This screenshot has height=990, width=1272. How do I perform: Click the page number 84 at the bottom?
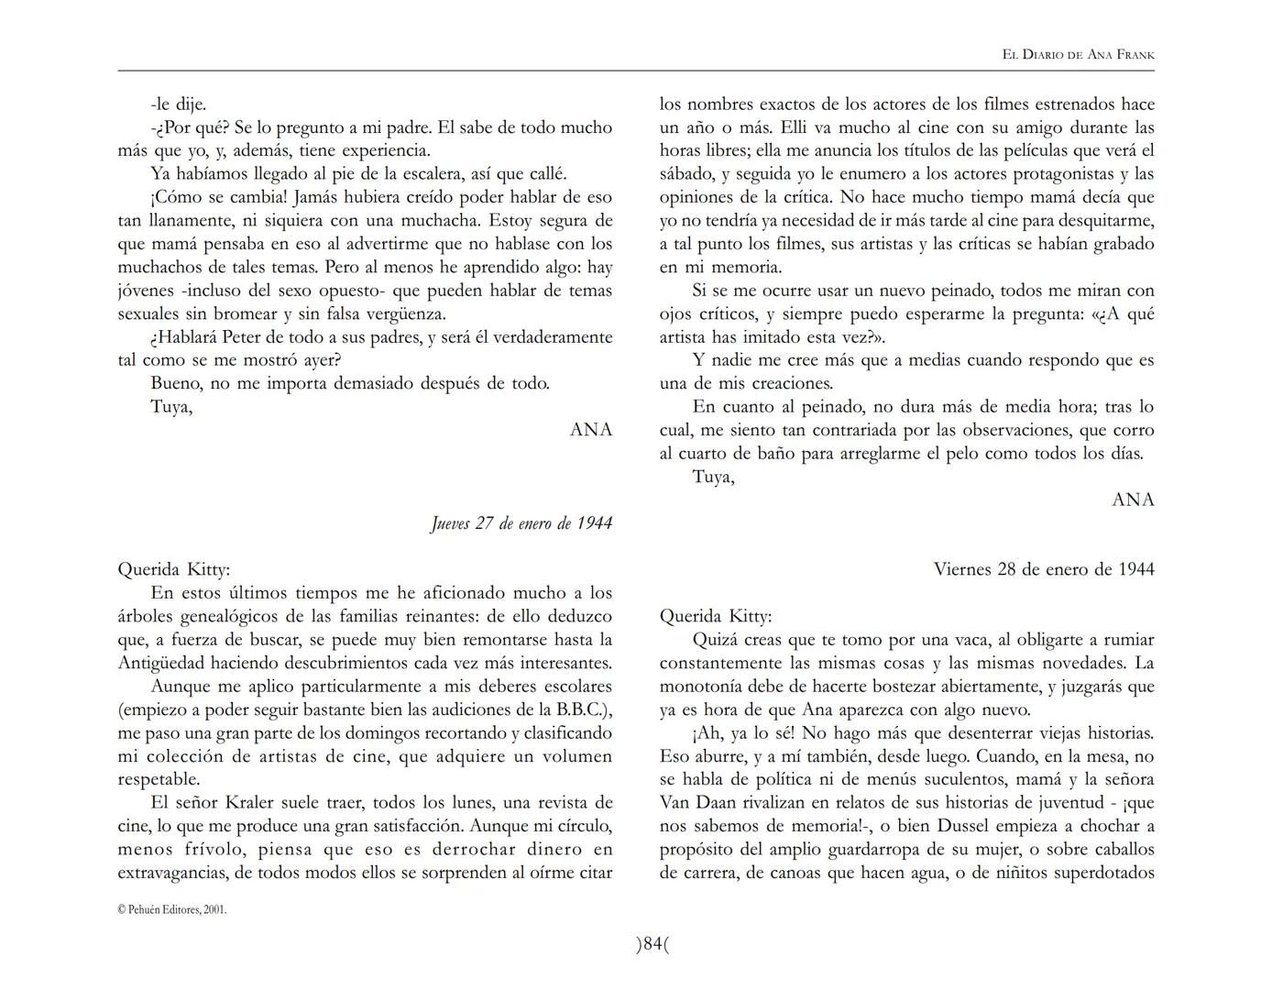[x=652, y=944]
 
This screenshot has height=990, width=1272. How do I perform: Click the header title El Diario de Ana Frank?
[x=1078, y=55]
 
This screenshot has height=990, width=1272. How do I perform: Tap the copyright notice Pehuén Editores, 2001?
[x=172, y=909]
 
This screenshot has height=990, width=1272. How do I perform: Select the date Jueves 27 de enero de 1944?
[x=521, y=523]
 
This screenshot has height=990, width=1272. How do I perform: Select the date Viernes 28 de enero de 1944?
[x=1044, y=569]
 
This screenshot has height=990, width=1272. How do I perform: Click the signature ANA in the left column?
[x=591, y=430]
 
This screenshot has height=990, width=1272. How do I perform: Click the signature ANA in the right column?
[x=1133, y=500]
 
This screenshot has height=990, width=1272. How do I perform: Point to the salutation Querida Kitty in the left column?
[x=174, y=569]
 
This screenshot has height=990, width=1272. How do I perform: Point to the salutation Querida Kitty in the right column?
[x=716, y=616]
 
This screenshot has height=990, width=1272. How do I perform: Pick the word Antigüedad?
[x=162, y=663]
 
